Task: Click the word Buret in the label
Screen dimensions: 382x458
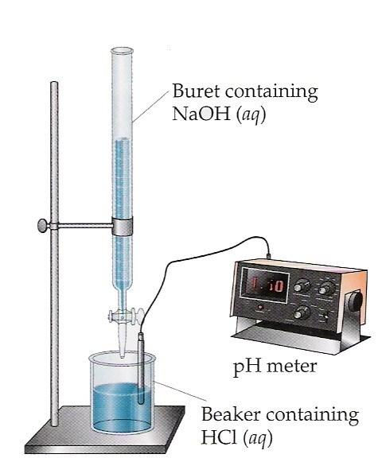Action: click(x=196, y=91)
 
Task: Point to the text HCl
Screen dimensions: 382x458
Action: click(x=219, y=437)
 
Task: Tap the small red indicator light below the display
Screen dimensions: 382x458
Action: click(x=259, y=307)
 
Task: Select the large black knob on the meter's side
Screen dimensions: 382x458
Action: click(x=356, y=301)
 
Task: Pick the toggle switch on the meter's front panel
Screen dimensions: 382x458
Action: click(x=325, y=316)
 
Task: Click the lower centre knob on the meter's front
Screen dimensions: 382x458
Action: click(x=301, y=312)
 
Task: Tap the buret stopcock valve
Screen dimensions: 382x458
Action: click(x=127, y=316)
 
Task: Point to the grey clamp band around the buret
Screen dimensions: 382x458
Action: click(x=123, y=226)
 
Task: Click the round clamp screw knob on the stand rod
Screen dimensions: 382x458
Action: click(x=43, y=226)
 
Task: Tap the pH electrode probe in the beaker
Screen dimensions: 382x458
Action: click(x=141, y=368)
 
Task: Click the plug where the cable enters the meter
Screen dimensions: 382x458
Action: click(x=269, y=255)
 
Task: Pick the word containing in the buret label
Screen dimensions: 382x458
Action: click(x=271, y=91)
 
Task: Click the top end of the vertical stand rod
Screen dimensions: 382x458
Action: click(x=54, y=83)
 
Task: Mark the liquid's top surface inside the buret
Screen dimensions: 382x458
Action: click(x=122, y=140)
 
